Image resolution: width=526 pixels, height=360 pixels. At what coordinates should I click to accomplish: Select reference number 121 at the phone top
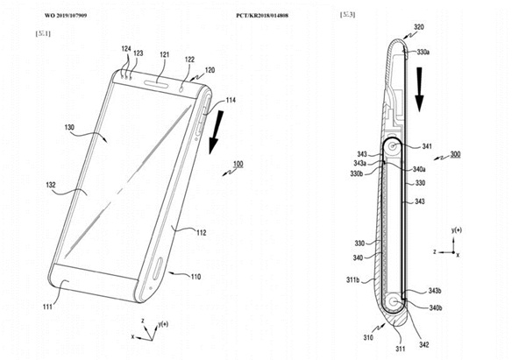pos(164,55)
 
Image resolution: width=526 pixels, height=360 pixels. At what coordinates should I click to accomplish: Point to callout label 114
pos(230,102)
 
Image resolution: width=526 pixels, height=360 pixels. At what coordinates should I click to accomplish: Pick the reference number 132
pos(53,186)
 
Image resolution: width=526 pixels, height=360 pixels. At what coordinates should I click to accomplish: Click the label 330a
pos(424,53)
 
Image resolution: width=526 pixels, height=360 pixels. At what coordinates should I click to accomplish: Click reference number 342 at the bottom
pos(423,346)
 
